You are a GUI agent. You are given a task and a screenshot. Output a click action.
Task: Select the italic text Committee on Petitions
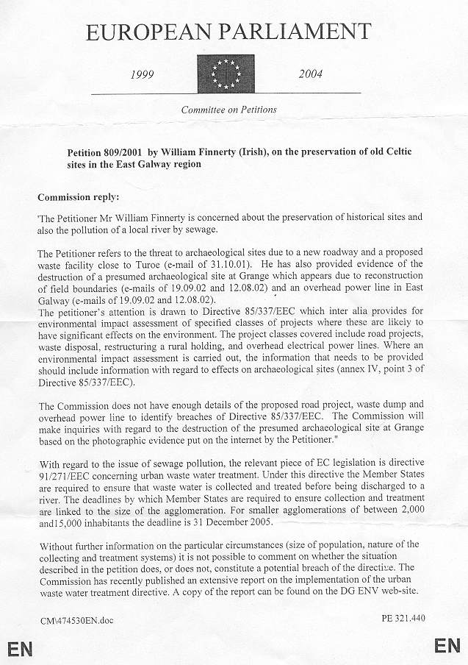click(229, 110)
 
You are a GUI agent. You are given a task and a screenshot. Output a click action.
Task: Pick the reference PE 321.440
click(404, 618)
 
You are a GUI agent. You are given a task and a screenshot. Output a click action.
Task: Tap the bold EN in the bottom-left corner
click(20, 648)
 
